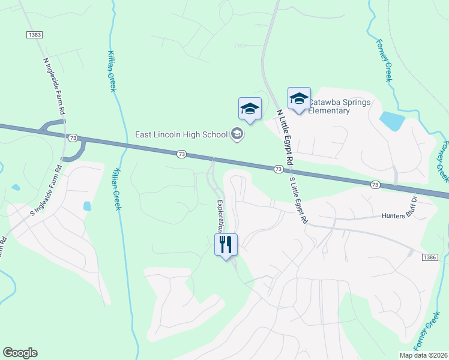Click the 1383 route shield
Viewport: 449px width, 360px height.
(x=34, y=35)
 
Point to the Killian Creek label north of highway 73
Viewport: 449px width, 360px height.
(x=112, y=71)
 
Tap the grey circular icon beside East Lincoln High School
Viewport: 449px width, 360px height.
(x=237, y=134)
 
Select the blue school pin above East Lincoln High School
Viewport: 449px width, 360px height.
(x=250, y=109)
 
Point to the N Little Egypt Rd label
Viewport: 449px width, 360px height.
(x=284, y=138)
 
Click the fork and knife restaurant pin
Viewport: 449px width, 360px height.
(x=226, y=244)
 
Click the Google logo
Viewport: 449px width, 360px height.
(x=20, y=353)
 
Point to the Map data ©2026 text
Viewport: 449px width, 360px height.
(x=423, y=355)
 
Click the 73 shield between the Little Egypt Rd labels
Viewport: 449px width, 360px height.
(x=279, y=170)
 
